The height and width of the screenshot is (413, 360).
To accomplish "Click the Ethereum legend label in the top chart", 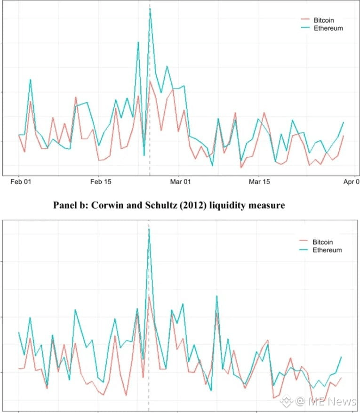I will coord(328,28).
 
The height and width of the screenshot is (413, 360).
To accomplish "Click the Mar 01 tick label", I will coord(181,181).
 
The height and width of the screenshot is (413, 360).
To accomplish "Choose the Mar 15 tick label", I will coord(260,181).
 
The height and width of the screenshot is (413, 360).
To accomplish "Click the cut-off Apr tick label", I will coord(351,181).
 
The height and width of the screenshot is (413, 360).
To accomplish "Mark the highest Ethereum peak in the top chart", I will coord(150,9).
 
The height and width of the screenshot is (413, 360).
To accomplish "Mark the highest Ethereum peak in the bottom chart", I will coord(149,229).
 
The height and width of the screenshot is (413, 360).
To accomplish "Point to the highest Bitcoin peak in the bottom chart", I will coord(149,296).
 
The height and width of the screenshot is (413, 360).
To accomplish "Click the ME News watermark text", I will coord(332,401).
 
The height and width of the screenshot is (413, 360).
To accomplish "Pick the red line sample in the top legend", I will coord(305,20).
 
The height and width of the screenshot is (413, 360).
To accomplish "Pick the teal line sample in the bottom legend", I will coord(304,250).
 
